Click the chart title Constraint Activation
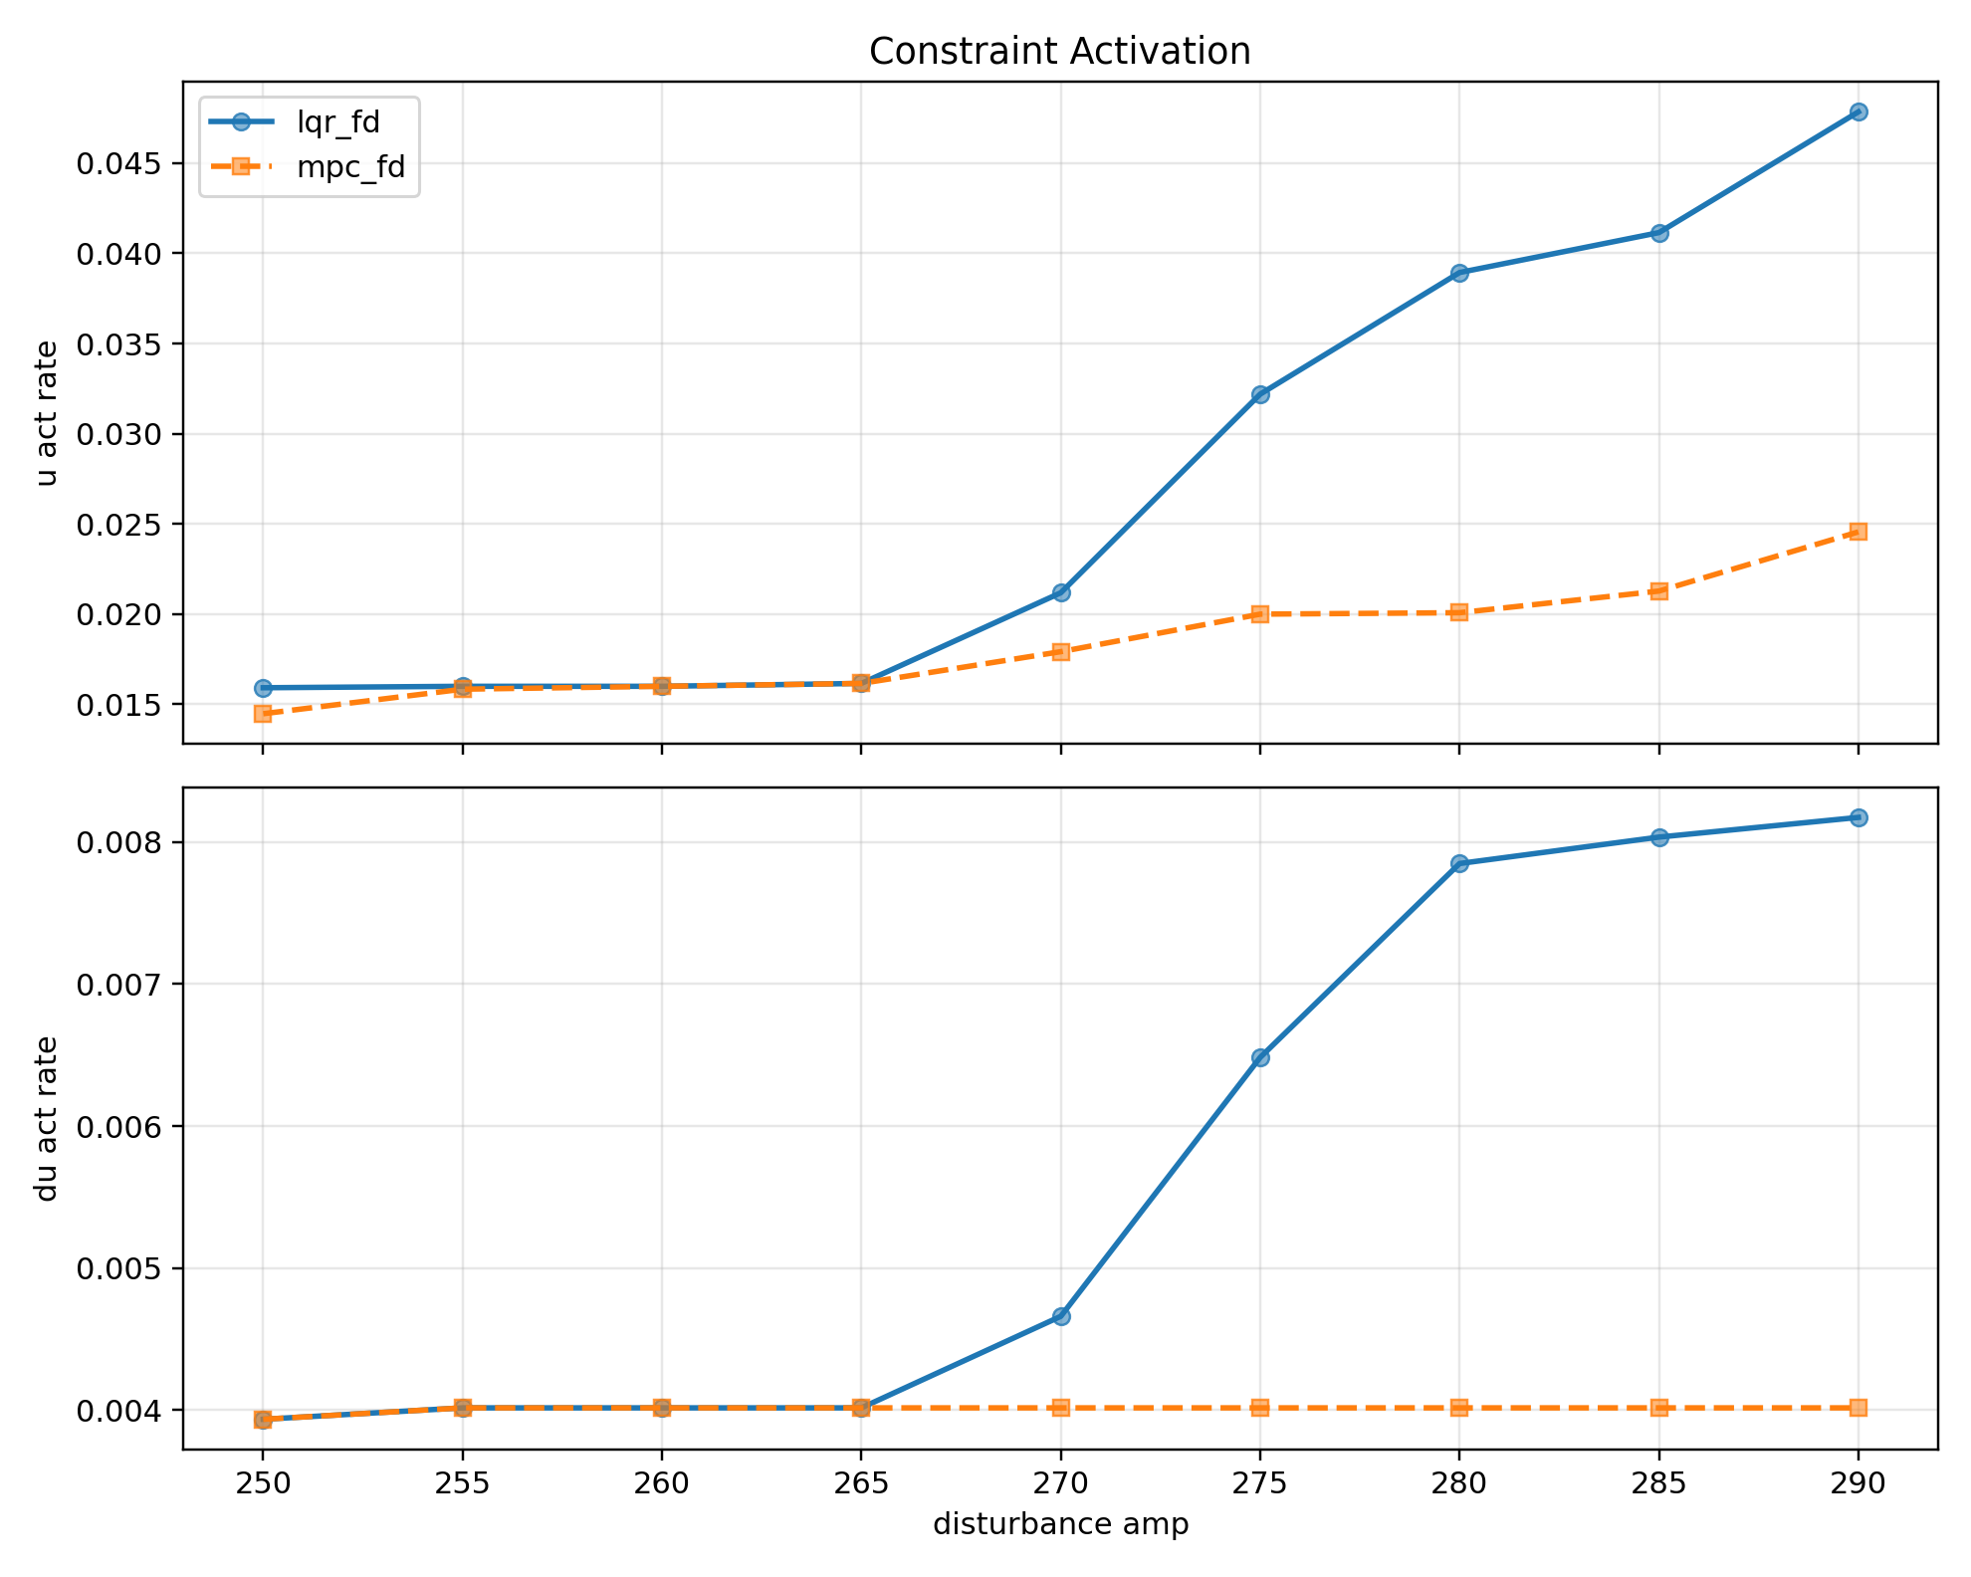(x=1059, y=52)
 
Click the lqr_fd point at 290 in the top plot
(x=1858, y=112)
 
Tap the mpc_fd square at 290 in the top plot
(x=1858, y=532)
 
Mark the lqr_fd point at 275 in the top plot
(x=1260, y=394)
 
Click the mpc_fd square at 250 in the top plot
(x=263, y=714)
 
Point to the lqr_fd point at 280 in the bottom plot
(x=1459, y=863)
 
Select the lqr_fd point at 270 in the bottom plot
(x=1061, y=1316)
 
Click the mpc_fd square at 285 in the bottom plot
(x=1658, y=1408)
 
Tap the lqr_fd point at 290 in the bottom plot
(x=1858, y=817)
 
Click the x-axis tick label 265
(x=861, y=1483)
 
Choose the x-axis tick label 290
(x=1858, y=1483)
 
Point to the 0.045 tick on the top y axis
(x=121, y=163)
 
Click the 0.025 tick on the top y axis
(x=121, y=525)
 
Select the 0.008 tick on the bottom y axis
(x=121, y=843)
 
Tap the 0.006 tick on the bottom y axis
(x=121, y=1127)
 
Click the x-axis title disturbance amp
(x=1060, y=1524)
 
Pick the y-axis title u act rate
(x=46, y=412)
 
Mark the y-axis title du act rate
(x=46, y=1118)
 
